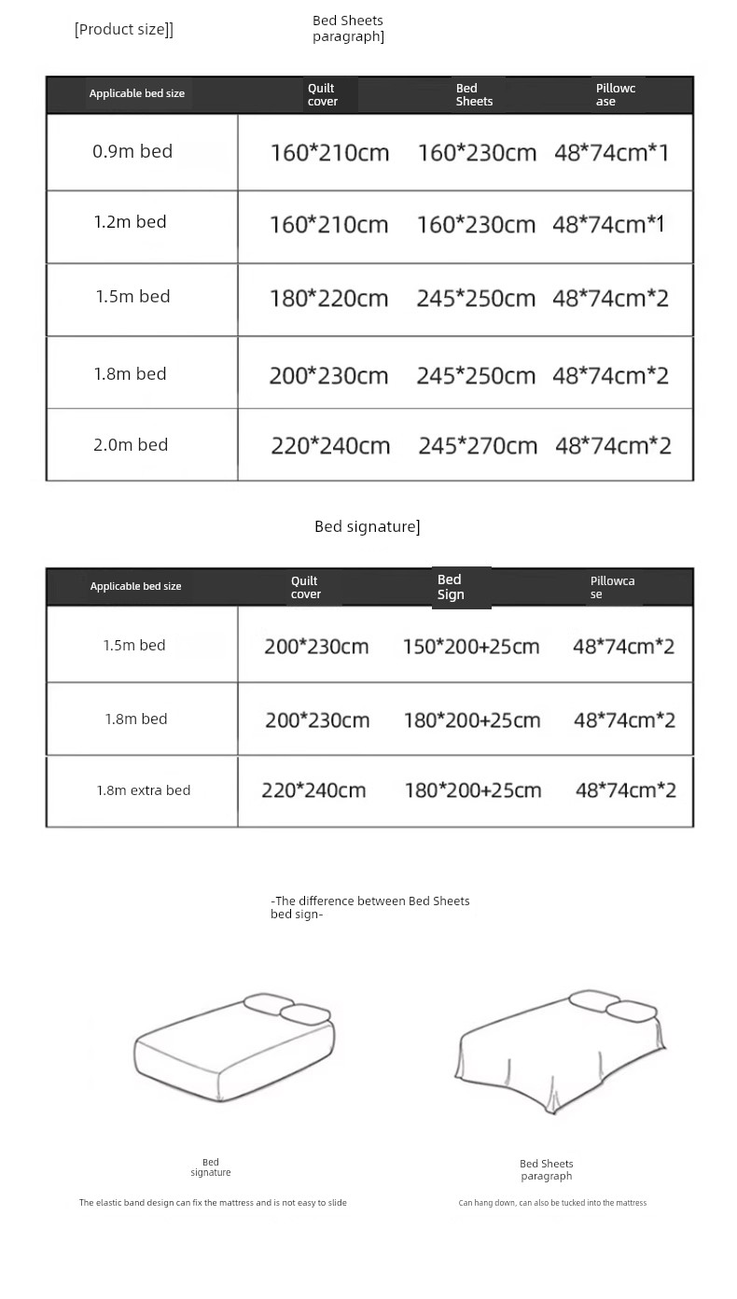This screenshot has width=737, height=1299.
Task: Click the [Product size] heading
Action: coord(124,29)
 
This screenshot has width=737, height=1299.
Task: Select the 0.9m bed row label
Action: coord(132,151)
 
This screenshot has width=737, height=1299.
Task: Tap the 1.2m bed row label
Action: coord(130,222)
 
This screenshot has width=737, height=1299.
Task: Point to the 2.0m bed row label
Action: coord(131,445)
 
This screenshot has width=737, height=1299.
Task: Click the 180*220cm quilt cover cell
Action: coord(328,299)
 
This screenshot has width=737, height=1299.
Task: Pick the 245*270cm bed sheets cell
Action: coord(478,446)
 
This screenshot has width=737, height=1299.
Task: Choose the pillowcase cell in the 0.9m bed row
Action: coord(612,152)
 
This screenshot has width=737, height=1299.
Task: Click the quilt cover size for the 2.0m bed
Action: coord(330,446)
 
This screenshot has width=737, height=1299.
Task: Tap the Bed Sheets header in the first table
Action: coord(474,95)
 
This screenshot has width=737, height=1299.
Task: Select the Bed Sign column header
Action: coord(451,587)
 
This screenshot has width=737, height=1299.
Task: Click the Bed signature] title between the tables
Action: coord(368,527)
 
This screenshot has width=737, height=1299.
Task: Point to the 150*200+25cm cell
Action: coord(471,646)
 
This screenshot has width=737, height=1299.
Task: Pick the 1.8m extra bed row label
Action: coord(144,790)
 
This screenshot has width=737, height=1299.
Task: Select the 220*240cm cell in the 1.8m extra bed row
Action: coord(313,790)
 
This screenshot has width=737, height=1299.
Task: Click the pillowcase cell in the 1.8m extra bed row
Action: coord(626,790)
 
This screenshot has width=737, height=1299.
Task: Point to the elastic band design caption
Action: coord(213,1203)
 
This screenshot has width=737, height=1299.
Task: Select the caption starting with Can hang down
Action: coord(552,1203)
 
